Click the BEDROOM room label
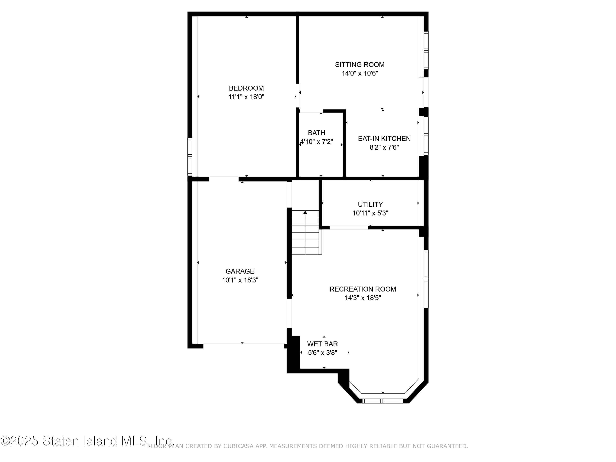coord(246,88)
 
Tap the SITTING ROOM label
coord(360,65)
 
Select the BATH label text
coord(316,133)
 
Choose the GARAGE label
coord(240,271)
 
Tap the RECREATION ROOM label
coord(363,289)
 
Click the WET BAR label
coord(323,344)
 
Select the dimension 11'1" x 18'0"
coord(246,97)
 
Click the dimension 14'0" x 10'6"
coord(360,73)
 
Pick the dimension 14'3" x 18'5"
coord(363,298)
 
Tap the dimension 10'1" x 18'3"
coord(240,280)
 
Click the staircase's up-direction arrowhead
coord(305,212)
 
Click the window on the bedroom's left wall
coord(190,156)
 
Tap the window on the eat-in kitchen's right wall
coord(426,136)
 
